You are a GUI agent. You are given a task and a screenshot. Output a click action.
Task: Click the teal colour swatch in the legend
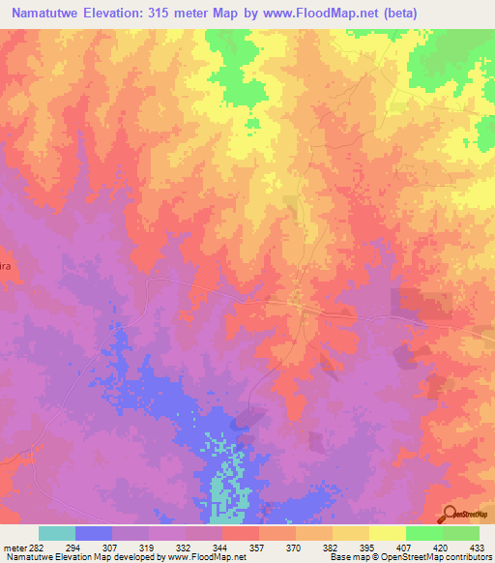pyautogui.click(x=56, y=533)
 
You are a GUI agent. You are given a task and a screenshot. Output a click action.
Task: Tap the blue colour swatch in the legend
pyautogui.click(x=93, y=533)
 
